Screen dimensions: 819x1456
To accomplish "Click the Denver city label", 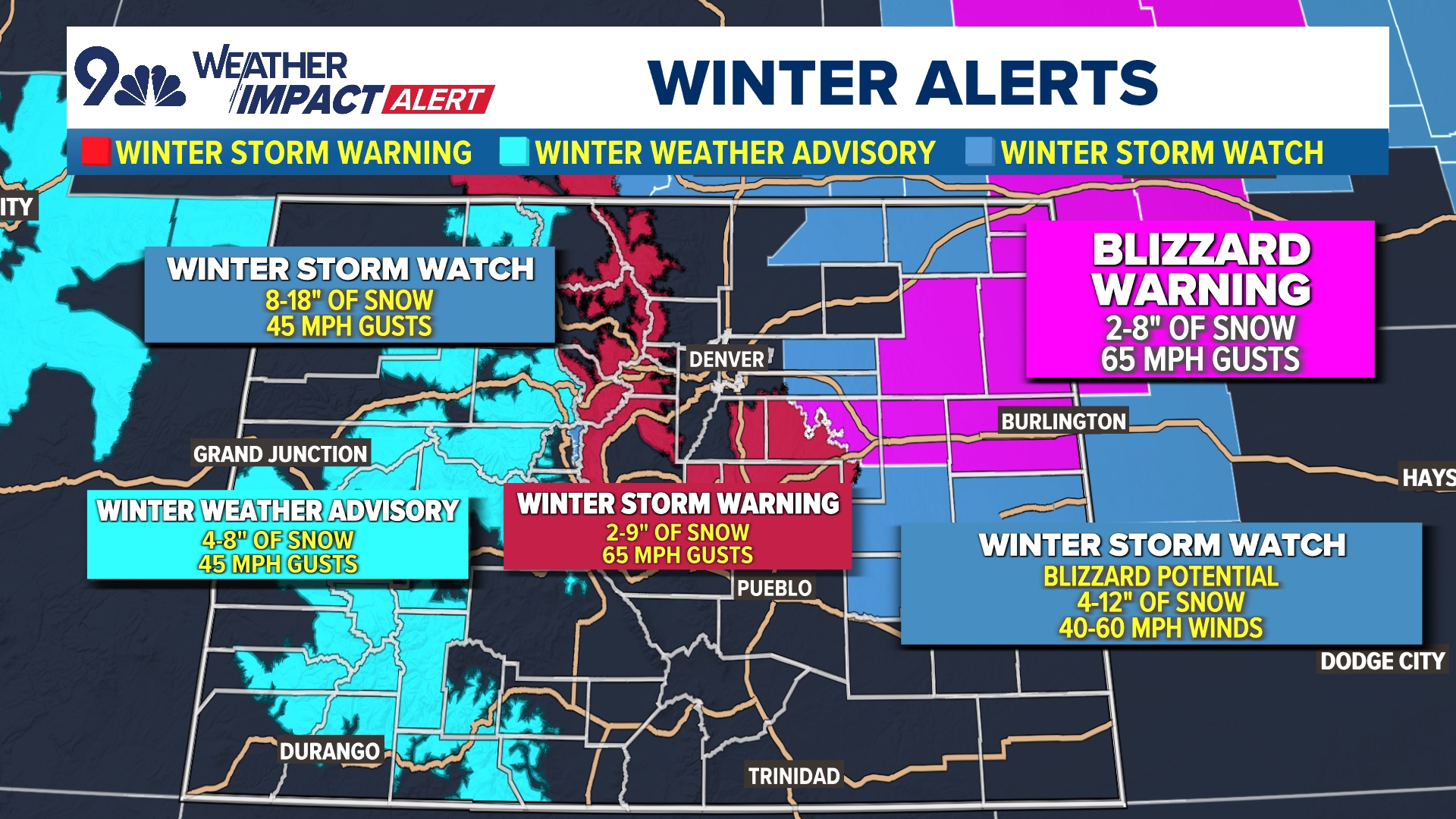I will pyautogui.click(x=726, y=359).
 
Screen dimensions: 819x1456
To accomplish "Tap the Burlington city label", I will pyautogui.click(x=1063, y=422).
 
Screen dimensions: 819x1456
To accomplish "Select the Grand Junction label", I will pyautogui.click(x=280, y=454).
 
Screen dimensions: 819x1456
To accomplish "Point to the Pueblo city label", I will pyautogui.click(x=773, y=588).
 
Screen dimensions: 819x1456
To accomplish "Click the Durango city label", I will pyautogui.click(x=329, y=752).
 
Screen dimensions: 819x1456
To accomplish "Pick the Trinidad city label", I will pyautogui.click(x=793, y=777).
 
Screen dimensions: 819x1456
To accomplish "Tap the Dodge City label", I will pyautogui.click(x=1382, y=661).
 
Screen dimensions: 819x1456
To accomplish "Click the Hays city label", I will pyautogui.click(x=1427, y=478).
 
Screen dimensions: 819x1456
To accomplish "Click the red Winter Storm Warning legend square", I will pyautogui.click(x=96, y=152).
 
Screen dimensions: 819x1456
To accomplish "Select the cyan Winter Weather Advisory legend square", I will pyautogui.click(x=514, y=152).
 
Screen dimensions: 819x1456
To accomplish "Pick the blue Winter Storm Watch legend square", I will pyautogui.click(x=979, y=152).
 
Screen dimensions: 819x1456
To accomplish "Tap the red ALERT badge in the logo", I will pyautogui.click(x=438, y=99).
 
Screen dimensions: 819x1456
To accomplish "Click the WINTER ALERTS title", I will pyautogui.click(x=902, y=83).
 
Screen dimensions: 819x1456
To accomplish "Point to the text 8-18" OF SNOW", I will pyautogui.click(x=349, y=300).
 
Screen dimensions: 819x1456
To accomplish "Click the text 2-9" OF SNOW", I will pyautogui.click(x=677, y=532).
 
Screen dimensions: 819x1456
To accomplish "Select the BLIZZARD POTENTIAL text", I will pyautogui.click(x=1160, y=576).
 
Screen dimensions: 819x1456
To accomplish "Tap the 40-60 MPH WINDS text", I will pyautogui.click(x=1160, y=628).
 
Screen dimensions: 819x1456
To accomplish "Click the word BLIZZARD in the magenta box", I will pyautogui.click(x=1201, y=249).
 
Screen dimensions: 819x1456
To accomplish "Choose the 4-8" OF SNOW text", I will pyautogui.click(x=278, y=540).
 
